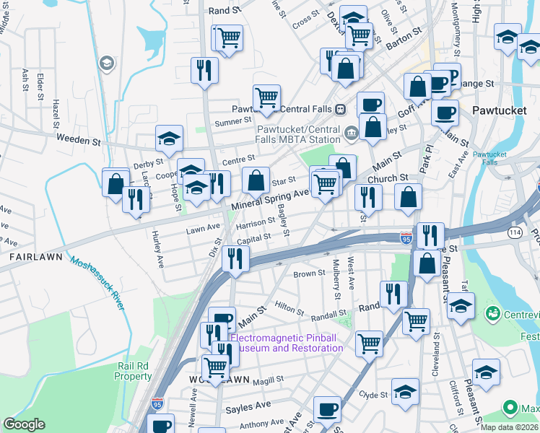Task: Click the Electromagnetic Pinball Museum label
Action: coord(287,343)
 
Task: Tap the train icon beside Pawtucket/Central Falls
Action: coord(340,109)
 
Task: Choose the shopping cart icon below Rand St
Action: coord(229,37)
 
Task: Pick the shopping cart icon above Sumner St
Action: coord(266,97)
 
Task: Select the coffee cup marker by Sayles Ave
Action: coord(327,409)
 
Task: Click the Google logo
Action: coord(24,424)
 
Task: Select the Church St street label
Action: coord(388,178)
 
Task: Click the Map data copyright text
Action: coord(509,427)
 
